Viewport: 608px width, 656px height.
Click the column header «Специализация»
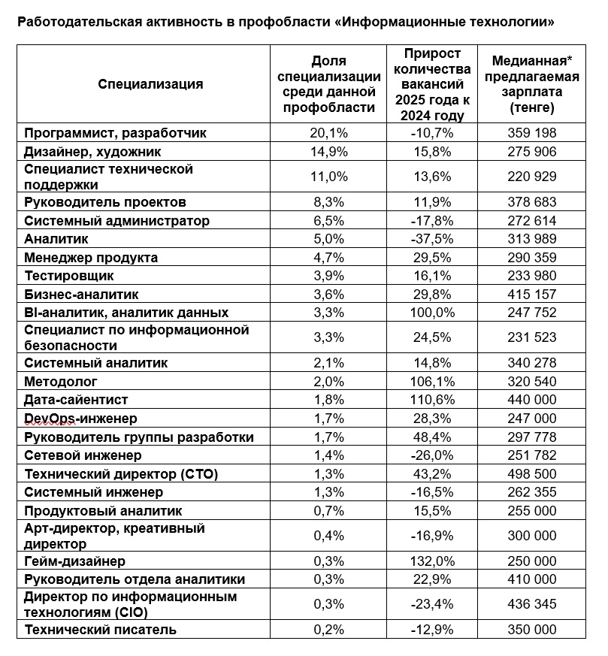tap(150, 84)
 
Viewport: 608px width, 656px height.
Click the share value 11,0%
tap(328, 177)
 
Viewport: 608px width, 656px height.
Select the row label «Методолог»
tap(60, 382)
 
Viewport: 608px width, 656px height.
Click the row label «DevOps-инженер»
tap(80, 419)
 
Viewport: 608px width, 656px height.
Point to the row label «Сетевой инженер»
tap(83, 455)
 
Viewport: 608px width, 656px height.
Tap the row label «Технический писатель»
tap(100, 630)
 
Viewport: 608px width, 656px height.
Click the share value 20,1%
tap(328, 133)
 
